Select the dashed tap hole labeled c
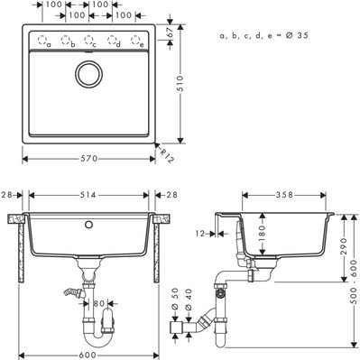(89, 40)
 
